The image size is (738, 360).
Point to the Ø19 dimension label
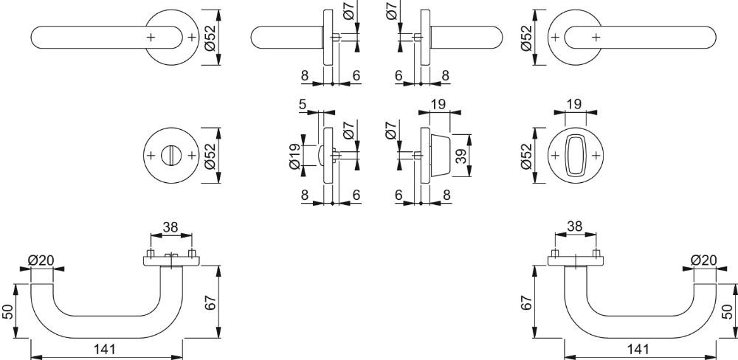[x=294, y=156]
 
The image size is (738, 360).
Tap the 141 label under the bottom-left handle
[x=104, y=349]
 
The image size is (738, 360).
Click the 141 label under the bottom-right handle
[x=638, y=349]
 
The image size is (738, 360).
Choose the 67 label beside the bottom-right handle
[x=526, y=302]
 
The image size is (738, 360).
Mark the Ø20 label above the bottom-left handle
[x=41, y=260]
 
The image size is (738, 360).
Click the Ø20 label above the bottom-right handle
[x=703, y=260]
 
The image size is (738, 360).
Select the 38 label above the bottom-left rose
[x=170, y=227]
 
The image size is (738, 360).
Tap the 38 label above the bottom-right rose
[x=575, y=227]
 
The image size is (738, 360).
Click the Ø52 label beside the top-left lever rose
[x=210, y=37]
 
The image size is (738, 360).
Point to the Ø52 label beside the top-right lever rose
[x=526, y=37]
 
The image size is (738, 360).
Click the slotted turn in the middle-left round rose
[x=170, y=156]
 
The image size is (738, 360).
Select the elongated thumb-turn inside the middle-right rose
[x=575, y=156]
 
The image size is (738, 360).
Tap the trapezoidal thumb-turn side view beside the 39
[x=441, y=156]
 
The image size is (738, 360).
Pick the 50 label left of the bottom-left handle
[x=8, y=311]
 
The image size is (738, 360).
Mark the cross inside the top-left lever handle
[x=150, y=37]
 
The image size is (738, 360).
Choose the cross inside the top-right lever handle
[x=596, y=37]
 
